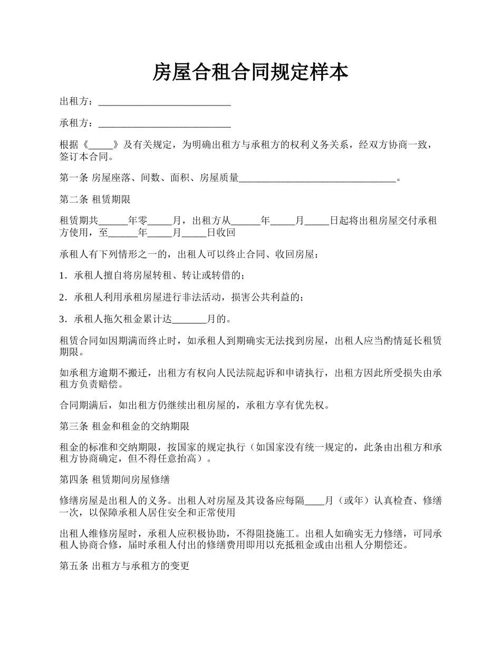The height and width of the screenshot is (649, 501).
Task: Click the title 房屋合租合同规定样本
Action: pos(250,72)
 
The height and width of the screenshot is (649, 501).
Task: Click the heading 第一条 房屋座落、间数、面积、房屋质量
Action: pos(149,179)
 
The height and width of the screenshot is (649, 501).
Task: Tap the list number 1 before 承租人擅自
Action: pos(63,275)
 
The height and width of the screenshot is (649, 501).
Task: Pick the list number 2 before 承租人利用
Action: pos(63,298)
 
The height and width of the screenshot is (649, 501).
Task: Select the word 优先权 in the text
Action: pos(315,406)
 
